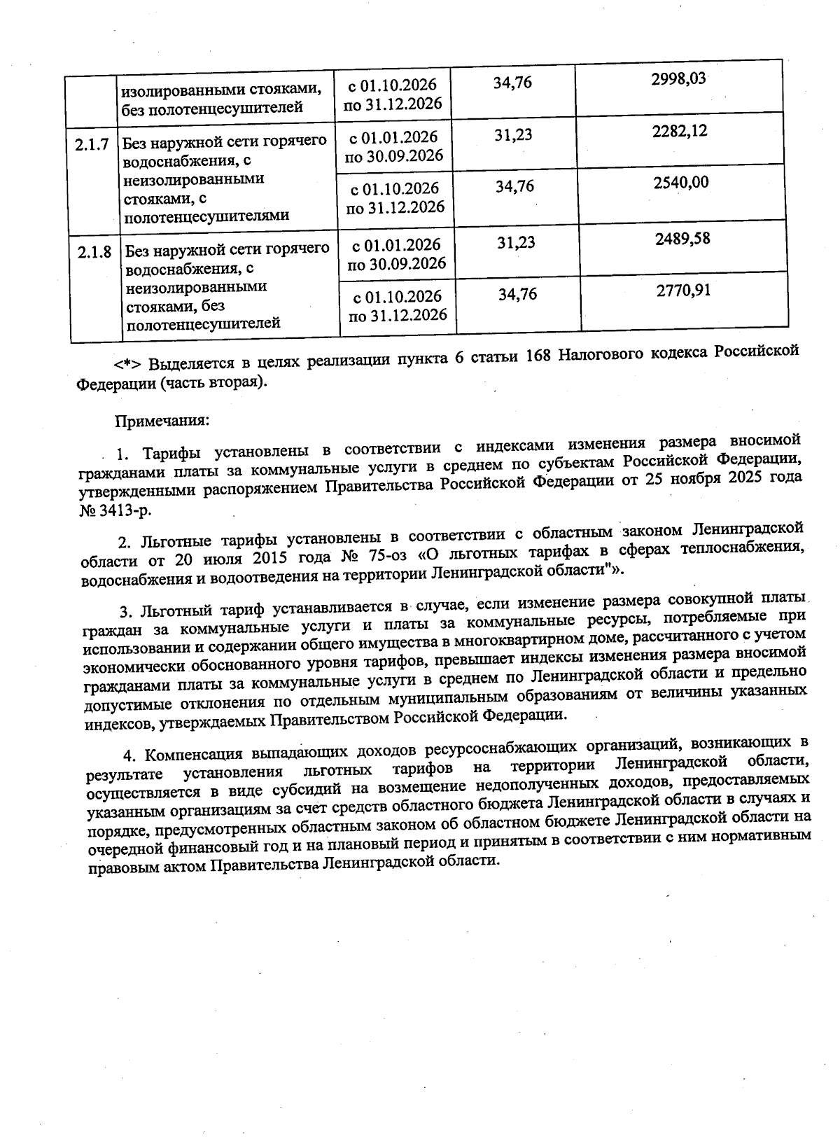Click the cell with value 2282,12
pyautogui.click(x=680, y=131)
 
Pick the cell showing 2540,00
pyautogui.click(x=681, y=183)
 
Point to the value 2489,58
pyautogui.click(x=682, y=239)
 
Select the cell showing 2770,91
pyautogui.click(x=683, y=290)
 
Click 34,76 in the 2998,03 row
pyautogui.click(x=512, y=83)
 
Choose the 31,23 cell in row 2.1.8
pyautogui.click(x=516, y=242)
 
